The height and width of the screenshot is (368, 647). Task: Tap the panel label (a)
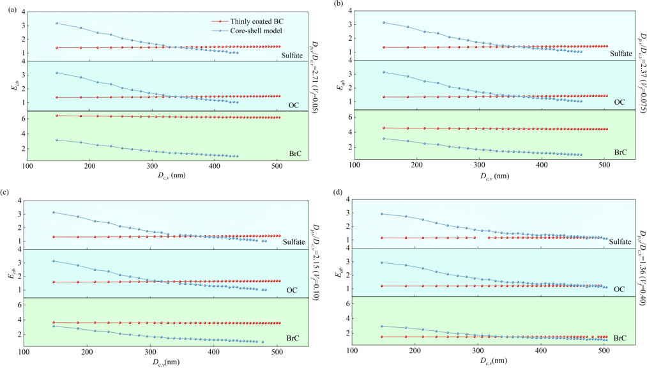pos(6,5)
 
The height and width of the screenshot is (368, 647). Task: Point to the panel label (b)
pos(333,4)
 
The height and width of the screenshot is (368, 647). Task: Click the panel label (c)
pos(6,191)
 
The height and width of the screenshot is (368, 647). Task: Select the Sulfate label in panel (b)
pos(620,54)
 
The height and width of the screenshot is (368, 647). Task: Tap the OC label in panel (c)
pos(291,290)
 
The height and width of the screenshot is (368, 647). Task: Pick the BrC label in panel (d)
pos(620,339)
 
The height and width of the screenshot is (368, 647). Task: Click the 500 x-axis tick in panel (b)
pos(604,164)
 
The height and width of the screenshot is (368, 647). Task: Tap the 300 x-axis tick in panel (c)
pos(150,351)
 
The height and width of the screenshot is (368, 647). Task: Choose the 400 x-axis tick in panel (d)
pos(541,350)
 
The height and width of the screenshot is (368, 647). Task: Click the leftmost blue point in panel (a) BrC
pos(57,140)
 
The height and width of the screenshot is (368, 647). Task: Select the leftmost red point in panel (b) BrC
pos(384,128)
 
